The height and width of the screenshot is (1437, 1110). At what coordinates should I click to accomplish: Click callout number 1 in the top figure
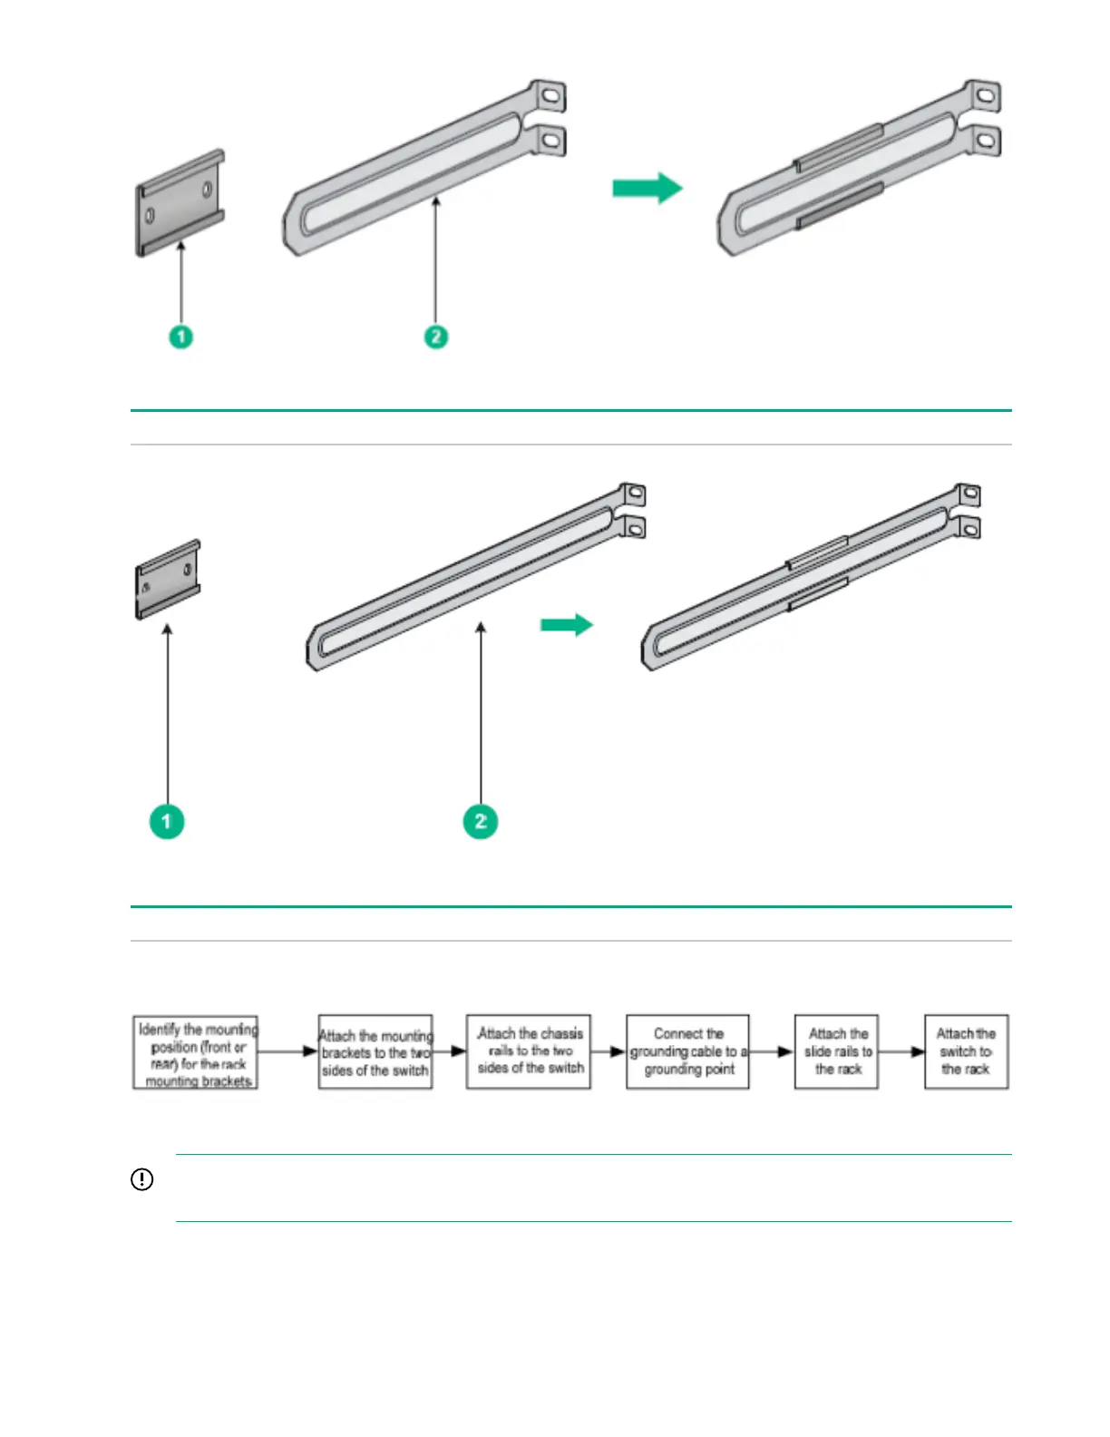pyautogui.click(x=181, y=337)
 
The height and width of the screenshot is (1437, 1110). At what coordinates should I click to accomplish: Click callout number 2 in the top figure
pyautogui.click(x=436, y=337)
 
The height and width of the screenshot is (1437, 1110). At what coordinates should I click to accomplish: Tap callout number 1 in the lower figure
pyautogui.click(x=167, y=821)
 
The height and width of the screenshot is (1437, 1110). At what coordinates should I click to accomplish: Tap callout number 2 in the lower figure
pyautogui.click(x=481, y=821)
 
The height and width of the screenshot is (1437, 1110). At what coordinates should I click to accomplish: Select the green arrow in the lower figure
pyautogui.click(x=567, y=625)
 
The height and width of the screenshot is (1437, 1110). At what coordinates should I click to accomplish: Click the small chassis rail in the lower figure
pyautogui.click(x=168, y=579)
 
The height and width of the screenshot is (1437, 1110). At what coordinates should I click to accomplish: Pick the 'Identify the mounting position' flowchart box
pyautogui.click(x=196, y=1052)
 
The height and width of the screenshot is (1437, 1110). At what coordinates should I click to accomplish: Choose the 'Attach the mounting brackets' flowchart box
pyautogui.click(x=375, y=1052)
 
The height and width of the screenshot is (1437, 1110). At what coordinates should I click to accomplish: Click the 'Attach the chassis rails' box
pyautogui.click(x=529, y=1052)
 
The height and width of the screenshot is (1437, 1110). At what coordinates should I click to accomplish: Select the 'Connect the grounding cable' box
pyautogui.click(x=687, y=1052)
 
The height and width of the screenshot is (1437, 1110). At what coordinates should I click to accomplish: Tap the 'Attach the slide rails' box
pyautogui.click(x=837, y=1052)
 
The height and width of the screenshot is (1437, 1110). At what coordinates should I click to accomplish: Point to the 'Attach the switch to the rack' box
pyautogui.click(x=966, y=1052)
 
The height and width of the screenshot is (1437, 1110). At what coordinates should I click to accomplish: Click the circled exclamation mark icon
pyautogui.click(x=142, y=1179)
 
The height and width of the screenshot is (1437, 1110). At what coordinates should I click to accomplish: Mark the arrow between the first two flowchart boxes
pyautogui.click(x=288, y=1052)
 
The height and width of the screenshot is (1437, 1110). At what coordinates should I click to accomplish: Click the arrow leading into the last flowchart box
pyautogui.click(x=901, y=1052)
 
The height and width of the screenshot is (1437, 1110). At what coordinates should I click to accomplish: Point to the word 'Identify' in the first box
pyautogui.click(x=159, y=1030)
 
